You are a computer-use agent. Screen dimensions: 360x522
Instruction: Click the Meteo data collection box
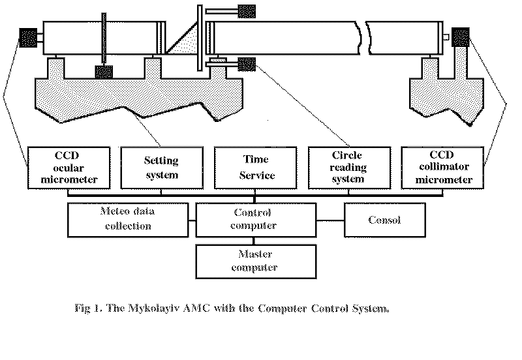(x=126, y=219)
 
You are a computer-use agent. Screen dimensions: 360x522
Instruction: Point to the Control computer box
(x=255, y=219)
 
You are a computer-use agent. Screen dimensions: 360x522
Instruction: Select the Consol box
(x=385, y=220)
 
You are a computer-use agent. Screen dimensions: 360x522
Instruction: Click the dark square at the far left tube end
(x=28, y=39)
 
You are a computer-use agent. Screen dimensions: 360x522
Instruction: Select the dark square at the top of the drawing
(x=247, y=10)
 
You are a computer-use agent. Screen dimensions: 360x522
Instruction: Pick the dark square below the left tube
(x=104, y=72)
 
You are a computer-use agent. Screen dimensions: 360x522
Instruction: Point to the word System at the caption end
(x=369, y=307)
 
